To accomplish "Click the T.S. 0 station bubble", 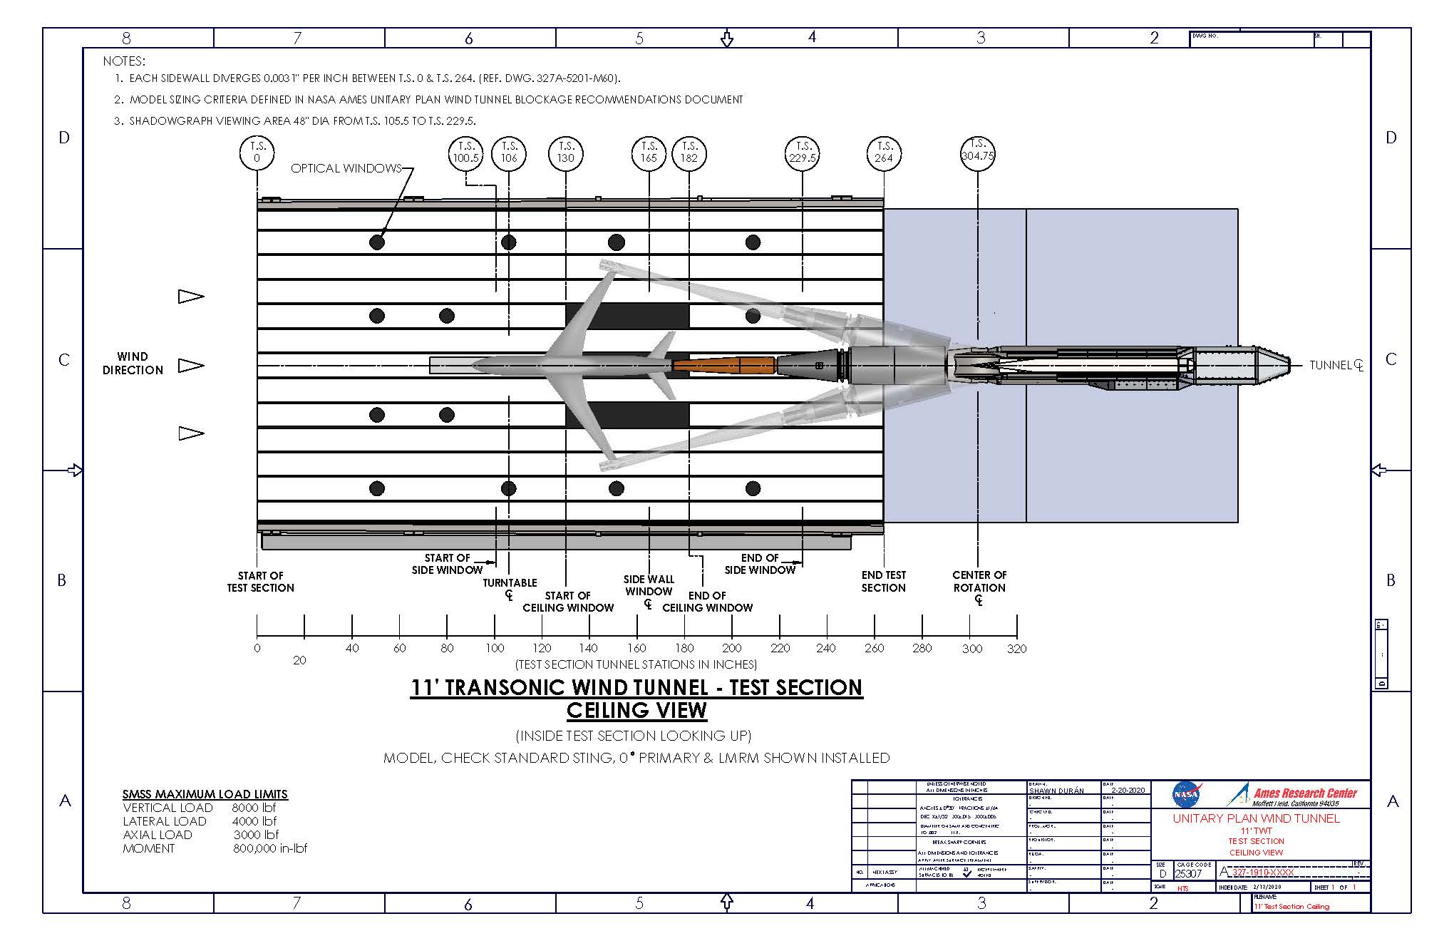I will pyautogui.click(x=257, y=153).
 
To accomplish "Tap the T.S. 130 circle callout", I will pyautogui.click(x=566, y=153).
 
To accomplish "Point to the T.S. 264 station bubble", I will pyautogui.click(x=884, y=153).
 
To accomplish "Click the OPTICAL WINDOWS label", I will pyautogui.click(x=346, y=168).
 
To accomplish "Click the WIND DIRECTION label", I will pyautogui.click(x=133, y=364).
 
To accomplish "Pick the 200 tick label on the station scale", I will pyautogui.click(x=732, y=649).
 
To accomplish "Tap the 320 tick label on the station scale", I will pyautogui.click(x=1017, y=649).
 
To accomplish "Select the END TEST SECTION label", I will pyautogui.click(x=884, y=582).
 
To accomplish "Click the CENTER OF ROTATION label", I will pyautogui.click(x=979, y=582).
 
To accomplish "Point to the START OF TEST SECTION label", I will pyautogui.click(x=260, y=582).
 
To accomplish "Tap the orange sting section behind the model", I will pyautogui.click(x=723, y=365).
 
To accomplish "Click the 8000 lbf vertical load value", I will pyautogui.click(x=254, y=808).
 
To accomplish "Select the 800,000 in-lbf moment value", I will pyautogui.click(x=270, y=848).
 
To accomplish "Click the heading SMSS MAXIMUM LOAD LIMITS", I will pyautogui.click(x=205, y=794).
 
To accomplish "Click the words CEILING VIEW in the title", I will pyautogui.click(x=636, y=711).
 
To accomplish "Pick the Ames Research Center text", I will pyautogui.click(x=1305, y=793).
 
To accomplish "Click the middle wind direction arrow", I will pyautogui.click(x=190, y=365).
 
